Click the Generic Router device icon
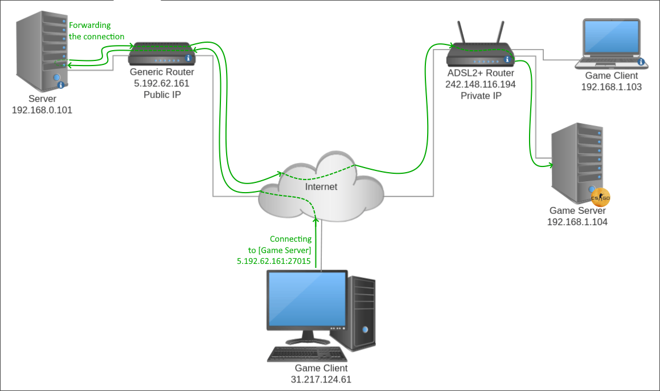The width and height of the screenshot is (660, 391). pos(162,54)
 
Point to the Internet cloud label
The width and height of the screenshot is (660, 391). pos(321,187)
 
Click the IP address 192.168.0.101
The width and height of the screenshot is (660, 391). pos(42,109)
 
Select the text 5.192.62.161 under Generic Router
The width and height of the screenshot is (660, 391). pos(162,83)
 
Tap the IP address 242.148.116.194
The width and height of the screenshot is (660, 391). pos(481,84)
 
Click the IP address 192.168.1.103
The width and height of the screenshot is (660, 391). pos(611,87)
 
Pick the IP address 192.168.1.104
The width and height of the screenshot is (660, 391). pos(577,222)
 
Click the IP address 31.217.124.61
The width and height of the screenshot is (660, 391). pos(321,380)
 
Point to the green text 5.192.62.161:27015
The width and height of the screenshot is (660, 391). pos(273,261)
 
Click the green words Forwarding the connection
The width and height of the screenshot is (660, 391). pos(96,31)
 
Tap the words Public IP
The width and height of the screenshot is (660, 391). pos(162,94)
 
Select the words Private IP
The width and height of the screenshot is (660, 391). pos(481,95)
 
